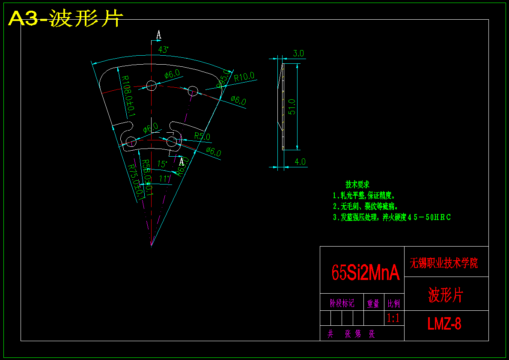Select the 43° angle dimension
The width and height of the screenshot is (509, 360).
pyautogui.click(x=163, y=50)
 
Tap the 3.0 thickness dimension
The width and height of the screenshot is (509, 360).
pyautogui.click(x=298, y=54)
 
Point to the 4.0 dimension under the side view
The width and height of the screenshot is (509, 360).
pyautogui.click(x=300, y=162)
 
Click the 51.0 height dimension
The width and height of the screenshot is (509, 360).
pyautogui.click(x=292, y=107)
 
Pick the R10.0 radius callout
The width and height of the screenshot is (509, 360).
pyautogui.click(x=244, y=77)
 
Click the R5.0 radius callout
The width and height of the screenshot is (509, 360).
pyautogui.click(x=202, y=137)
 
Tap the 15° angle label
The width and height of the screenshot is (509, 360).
pyautogui.click(x=162, y=164)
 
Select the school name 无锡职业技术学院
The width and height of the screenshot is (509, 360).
pyautogui.click(x=444, y=262)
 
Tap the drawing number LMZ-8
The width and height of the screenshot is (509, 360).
pyautogui.click(x=444, y=324)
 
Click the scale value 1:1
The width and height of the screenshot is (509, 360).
pyautogui.click(x=393, y=318)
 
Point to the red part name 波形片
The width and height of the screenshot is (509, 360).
pyautogui.click(x=446, y=295)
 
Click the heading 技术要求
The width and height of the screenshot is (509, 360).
pyautogui.click(x=357, y=185)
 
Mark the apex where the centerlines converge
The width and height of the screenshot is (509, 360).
pyautogui.click(x=151, y=246)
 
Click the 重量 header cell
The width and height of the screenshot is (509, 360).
pyautogui.click(x=373, y=303)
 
